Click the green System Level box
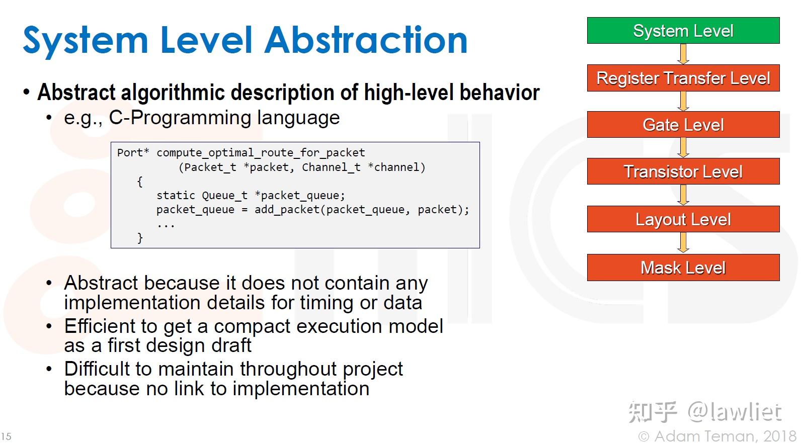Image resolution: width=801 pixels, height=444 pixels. coord(683,30)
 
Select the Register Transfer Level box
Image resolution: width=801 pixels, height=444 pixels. coord(683,78)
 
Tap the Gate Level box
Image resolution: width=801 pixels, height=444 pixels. coord(683,124)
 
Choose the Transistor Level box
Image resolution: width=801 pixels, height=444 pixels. coord(683,171)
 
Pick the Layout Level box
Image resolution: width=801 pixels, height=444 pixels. coord(683,219)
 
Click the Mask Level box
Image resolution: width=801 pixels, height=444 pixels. coord(683,268)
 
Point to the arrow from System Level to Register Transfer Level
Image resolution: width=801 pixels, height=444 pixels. coord(683,54)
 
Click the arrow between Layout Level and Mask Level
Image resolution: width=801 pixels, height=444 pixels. coord(683,243)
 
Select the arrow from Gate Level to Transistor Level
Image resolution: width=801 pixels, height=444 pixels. coord(683,148)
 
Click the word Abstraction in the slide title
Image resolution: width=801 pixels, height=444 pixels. coord(366,40)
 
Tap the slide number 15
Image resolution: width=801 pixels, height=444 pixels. coord(6,436)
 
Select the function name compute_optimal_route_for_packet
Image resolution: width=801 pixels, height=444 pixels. coord(261,153)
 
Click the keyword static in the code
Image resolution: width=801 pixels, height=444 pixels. coord(176,195)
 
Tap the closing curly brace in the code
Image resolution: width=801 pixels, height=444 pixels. coord(140,238)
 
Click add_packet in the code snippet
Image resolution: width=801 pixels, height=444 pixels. coord(287,210)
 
